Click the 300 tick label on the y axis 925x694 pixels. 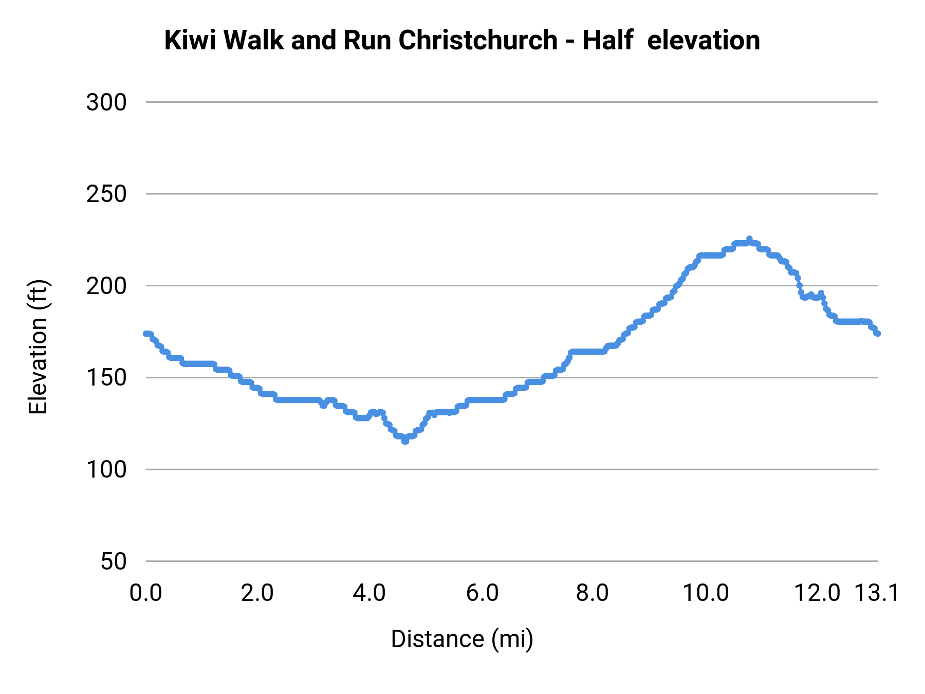[x=106, y=103]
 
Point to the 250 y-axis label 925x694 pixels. [x=106, y=194]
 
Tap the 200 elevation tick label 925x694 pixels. [x=106, y=286]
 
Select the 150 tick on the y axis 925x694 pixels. [x=106, y=378]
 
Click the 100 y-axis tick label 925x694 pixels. [x=106, y=469]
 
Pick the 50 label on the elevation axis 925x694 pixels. [x=113, y=561]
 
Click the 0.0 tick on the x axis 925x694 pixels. [x=146, y=593]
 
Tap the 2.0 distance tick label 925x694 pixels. [x=257, y=593]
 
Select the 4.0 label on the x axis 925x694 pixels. [x=369, y=593]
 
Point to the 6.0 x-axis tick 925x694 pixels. [x=482, y=593]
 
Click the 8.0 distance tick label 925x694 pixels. [x=593, y=593]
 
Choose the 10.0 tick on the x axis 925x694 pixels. [x=706, y=593]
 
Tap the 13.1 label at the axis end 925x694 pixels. [x=877, y=593]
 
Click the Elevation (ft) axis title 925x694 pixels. [x=38, y=347]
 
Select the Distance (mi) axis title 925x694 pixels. [x=462, y=639]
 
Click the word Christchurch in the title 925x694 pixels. [x=478, y=40]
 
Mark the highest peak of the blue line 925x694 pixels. [x=749, y=239]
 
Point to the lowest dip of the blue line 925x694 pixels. [x=405, y=441]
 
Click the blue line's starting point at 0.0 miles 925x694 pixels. [x=146, y=334]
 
